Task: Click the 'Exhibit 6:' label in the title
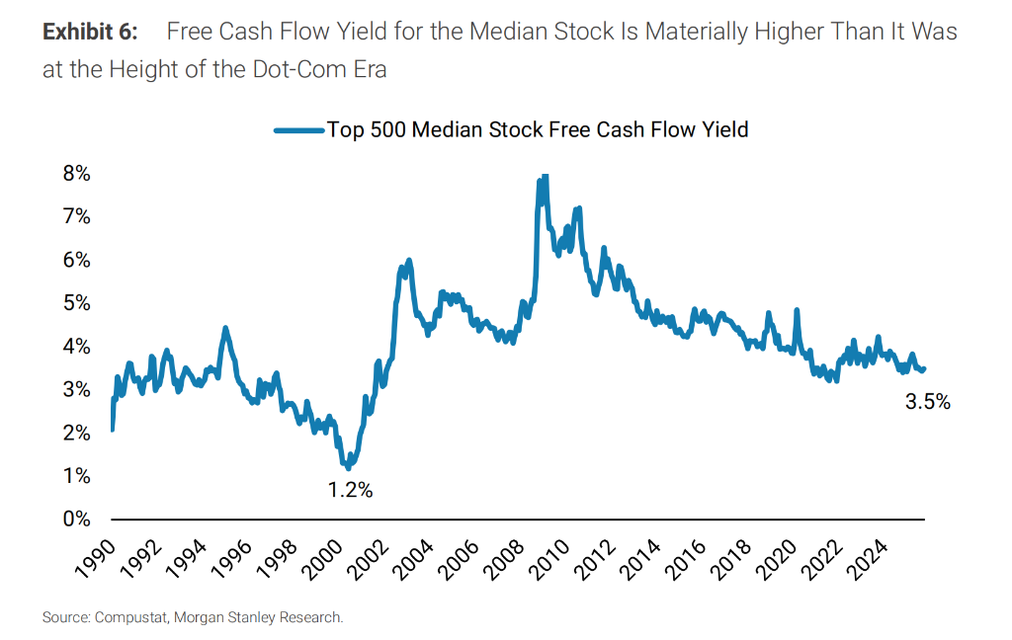click(x=90, y=31)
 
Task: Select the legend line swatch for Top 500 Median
click(x=298, y=129)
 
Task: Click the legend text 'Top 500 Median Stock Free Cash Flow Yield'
click(x=538, y=129)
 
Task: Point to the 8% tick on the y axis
click(x=77, y=174)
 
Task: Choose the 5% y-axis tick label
click(x=77, y=303)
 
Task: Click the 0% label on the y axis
click(x=77, y=519)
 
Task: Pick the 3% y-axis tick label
click(x=77, y=389)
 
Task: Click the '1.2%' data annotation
click(x=350, y=490)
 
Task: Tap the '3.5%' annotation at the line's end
click(x=928, y=402)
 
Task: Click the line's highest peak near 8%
click(x=544, y=176)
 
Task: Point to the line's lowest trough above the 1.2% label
click(x=348, y=467)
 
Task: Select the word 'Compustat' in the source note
click(x=131, y=618)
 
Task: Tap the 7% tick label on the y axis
click(x=77, y=216)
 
